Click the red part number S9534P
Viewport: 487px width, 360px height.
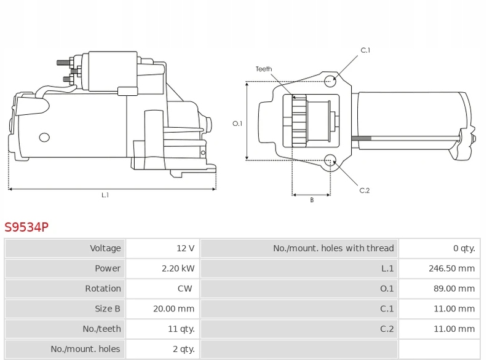26,227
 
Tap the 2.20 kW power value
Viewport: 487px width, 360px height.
178,268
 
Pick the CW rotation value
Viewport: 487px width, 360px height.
185,289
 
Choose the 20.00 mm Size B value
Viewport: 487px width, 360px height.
173,309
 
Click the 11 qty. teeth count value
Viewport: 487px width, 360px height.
181,329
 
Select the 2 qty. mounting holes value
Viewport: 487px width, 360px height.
184,349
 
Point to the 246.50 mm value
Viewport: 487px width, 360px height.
451,268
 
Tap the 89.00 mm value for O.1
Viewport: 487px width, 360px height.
454,289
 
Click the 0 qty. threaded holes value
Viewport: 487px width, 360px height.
464,248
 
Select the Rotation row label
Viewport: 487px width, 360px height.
103,289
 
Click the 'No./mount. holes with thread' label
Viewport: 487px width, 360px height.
333,248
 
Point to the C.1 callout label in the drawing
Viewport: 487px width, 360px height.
365,50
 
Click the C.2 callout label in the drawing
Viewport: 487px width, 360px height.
364,190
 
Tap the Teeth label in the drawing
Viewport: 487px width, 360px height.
264,69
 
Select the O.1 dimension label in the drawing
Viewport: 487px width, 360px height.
237,123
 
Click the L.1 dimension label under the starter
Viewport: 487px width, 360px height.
105,195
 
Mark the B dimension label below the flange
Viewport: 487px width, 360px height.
312,200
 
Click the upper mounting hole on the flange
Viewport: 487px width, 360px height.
330,81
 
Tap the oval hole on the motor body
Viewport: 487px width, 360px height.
44,137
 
